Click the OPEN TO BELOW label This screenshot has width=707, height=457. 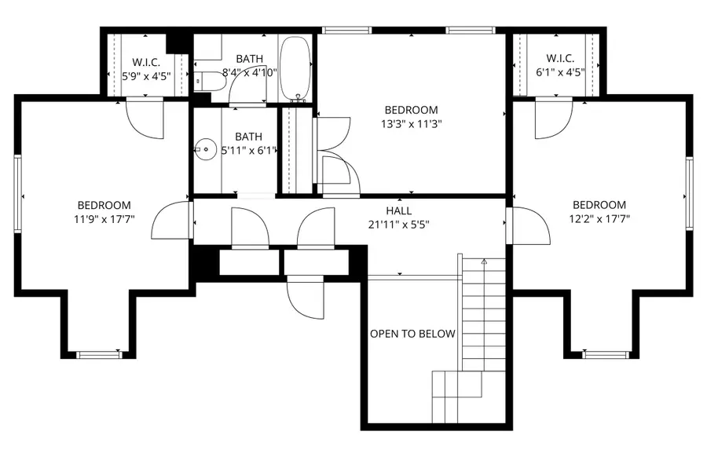(412, 334)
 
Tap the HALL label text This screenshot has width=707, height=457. (399, 210)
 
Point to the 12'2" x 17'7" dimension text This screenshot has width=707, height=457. (599, 219)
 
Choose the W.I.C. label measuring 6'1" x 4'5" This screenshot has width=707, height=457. (560, 58)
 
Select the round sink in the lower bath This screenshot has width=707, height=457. (206, 148)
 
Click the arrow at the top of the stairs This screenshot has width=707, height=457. (484, 261)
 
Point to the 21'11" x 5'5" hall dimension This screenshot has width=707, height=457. (399, 224)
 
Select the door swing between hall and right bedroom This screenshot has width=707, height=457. (529, 226)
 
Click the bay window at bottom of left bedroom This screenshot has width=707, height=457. (100, 355)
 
